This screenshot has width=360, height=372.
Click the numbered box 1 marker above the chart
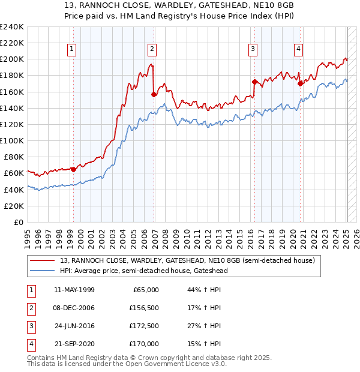(x=72, y=49)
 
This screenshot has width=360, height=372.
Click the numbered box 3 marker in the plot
(x=253, y=49)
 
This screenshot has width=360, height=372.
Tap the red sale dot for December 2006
(x=154, y=94)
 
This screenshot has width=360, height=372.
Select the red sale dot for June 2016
(x=254, y=82)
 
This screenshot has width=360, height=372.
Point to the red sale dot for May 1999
(x=74, y=169)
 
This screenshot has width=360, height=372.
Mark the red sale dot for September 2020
(x=300, y=83)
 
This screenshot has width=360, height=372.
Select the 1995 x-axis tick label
(x=28, y=237)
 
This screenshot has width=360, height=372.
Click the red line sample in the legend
(x=43, y=260)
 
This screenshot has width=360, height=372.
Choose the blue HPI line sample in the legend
(x=43, y=271)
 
